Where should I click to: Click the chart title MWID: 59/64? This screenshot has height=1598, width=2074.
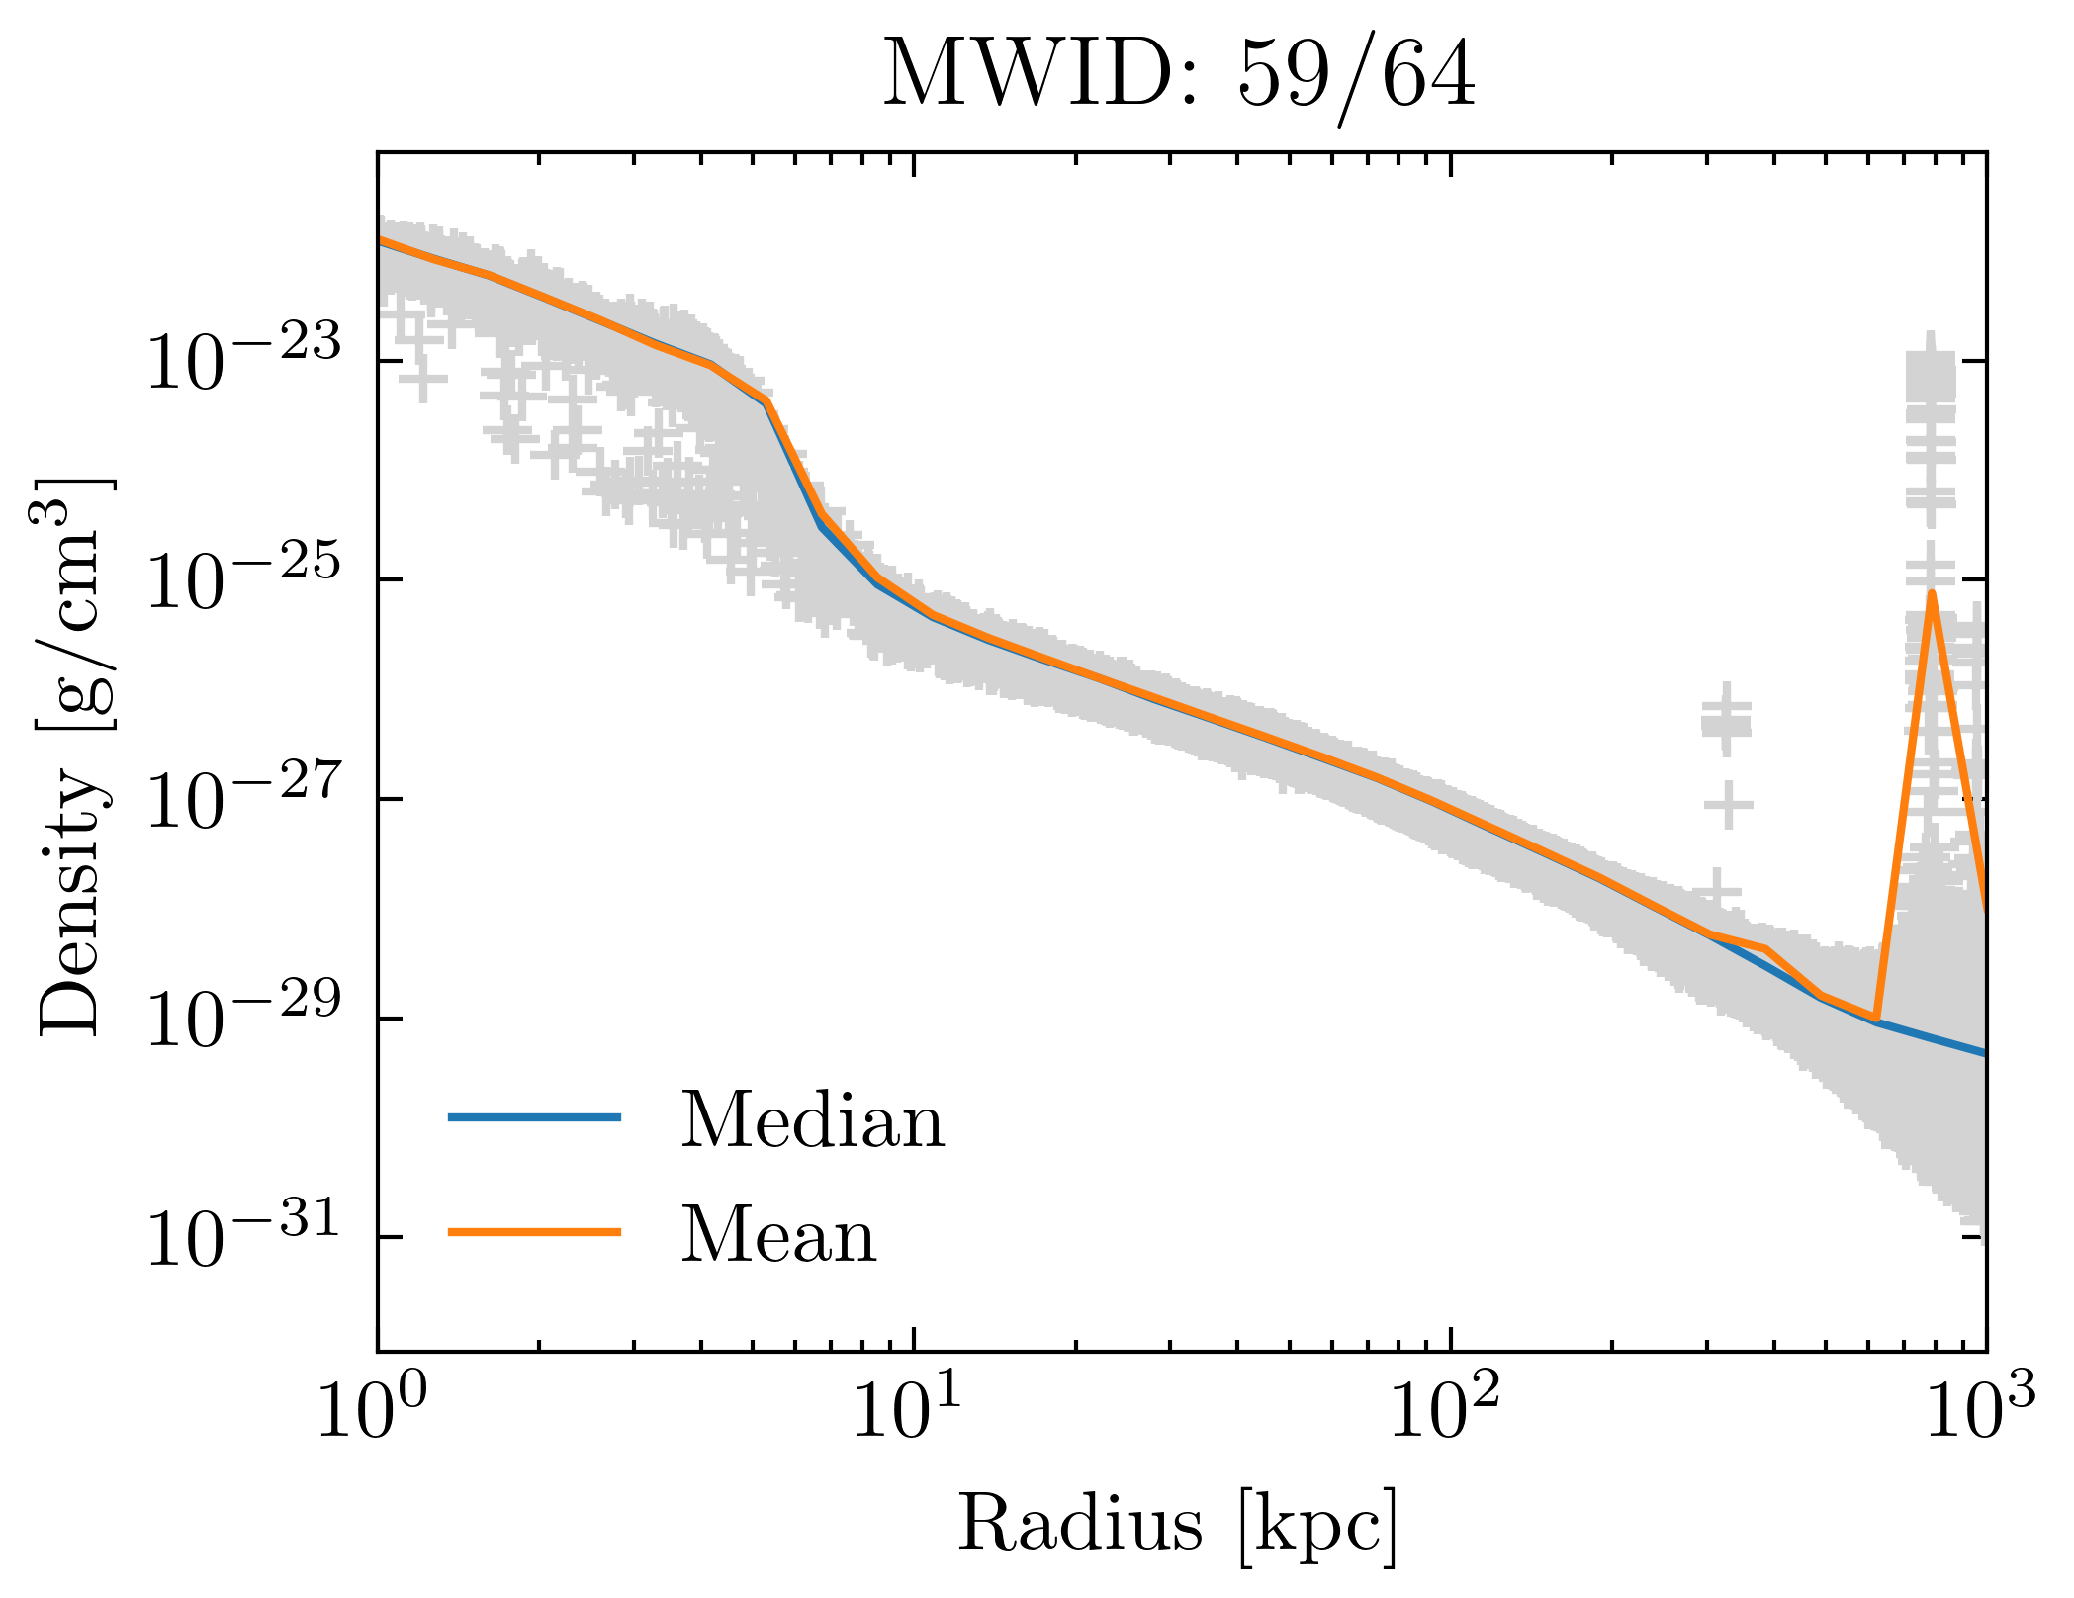point(1179,76)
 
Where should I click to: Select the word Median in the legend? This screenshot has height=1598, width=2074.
point(812,1120)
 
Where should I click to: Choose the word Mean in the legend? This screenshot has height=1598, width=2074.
point(778,1235)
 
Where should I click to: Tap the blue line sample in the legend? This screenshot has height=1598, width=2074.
point(534,1117)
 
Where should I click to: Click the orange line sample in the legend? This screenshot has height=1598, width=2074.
point(534,1232)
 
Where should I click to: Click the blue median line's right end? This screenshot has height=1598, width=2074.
point(1983,1054)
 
